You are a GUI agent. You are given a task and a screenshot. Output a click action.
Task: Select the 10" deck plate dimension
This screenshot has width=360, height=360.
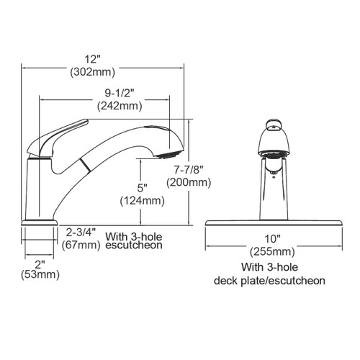tap(272, 239)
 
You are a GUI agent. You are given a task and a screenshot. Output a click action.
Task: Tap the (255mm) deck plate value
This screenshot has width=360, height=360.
tap(272, 252)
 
